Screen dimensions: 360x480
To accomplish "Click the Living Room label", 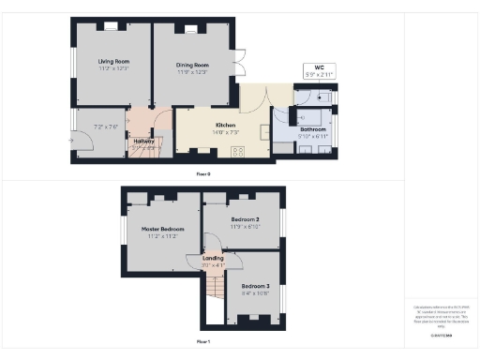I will (x=112, y=62).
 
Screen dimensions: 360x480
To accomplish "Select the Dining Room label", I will (x=191, y=65).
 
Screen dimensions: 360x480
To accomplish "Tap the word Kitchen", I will (x=225, y=125).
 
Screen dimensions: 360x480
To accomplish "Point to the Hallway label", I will (x=144, y=141).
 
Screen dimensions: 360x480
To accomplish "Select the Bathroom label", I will (x=312, y=129).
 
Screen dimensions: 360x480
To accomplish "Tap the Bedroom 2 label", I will (x=245, y=219).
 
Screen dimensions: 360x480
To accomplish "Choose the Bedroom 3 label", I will (x=255, y=285).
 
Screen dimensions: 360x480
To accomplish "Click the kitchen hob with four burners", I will (x=238, y=152).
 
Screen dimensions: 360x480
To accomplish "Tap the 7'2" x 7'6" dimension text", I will (x=105, y=127).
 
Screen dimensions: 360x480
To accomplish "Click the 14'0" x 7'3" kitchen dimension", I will (x=225, y=132).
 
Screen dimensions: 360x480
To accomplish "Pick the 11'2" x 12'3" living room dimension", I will (x=112, y=69).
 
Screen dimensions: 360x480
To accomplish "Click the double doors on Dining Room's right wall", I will (x=240, y=64).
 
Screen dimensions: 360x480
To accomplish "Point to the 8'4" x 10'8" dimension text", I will (x=255, y=292).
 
